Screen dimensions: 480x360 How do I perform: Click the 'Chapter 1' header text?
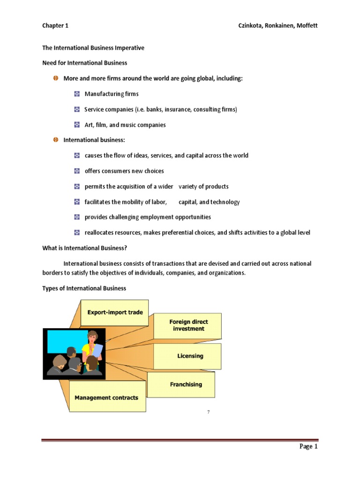(55, 26)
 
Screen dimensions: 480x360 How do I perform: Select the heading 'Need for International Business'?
(84, 63)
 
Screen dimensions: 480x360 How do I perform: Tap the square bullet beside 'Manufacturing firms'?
(77, 94)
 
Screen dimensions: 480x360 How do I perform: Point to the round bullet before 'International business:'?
(55, 140)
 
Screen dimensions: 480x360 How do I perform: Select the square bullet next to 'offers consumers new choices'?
(77, 171)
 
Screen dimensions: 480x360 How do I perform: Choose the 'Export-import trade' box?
(115, 313)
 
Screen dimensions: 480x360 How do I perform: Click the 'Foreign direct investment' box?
(188, 325)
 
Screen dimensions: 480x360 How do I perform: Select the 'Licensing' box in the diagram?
(190, 356)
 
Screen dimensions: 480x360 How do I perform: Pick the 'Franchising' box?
(186, 384)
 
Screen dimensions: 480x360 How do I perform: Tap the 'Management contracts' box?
(106, 397)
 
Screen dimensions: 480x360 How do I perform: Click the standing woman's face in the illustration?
(93, 337)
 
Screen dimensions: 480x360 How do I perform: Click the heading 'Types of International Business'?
(84, 288)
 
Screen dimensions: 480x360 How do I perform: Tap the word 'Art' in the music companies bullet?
(89, 125)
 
